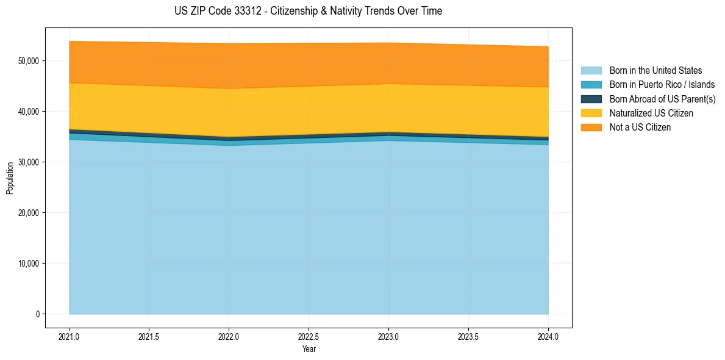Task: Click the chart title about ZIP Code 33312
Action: [308, 11]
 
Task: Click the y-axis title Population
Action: [10, 178]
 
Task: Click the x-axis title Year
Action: [309, 349]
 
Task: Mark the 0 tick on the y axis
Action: [37, 314]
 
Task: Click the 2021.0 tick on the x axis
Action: [70, 336]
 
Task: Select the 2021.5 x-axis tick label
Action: [149, 336]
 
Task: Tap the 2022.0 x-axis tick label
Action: [229, 336]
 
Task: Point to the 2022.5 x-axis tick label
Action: [309, 336]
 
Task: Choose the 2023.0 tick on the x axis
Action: [388, 336]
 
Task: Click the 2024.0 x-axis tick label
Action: [548, 336]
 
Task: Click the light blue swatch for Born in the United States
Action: [591, 71]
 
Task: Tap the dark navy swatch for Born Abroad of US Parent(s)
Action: [591, 99]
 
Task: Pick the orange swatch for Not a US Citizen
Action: [591, 128]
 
